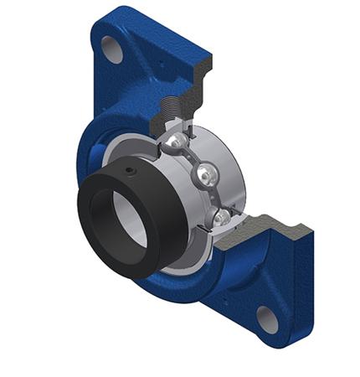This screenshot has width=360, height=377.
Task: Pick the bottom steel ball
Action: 221,218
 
